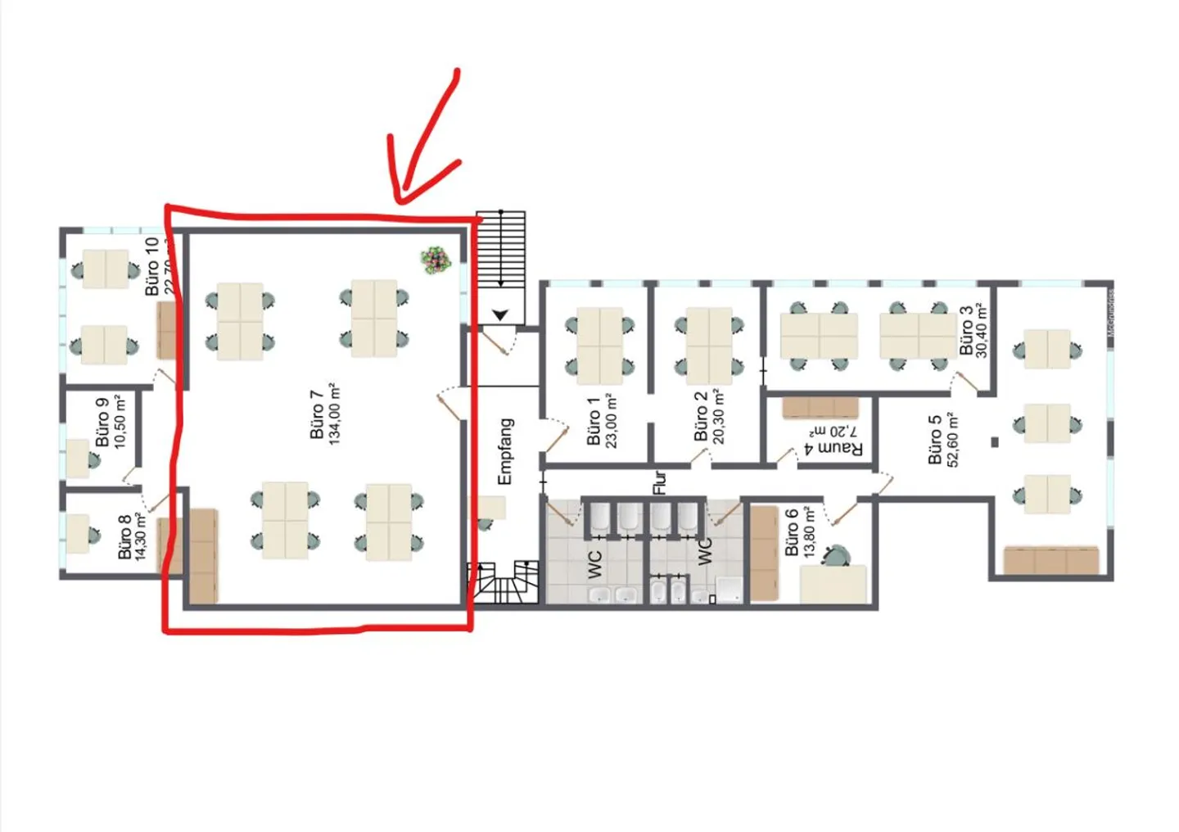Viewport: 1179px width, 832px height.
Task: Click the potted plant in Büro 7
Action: point(436,260)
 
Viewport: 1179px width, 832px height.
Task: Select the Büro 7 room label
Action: point(317,414)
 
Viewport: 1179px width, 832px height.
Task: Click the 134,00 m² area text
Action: point(335,414)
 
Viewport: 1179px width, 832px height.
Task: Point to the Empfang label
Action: point(505,451)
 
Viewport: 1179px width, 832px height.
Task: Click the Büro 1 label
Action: point(594,421)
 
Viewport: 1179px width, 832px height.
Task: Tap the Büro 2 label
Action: point(701,416)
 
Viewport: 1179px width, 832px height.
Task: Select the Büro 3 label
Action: point(966,330)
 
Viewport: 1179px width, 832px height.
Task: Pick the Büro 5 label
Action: point(935,440)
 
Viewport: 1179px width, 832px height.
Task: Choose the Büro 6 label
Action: point(791,532)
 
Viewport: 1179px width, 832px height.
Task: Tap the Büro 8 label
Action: point(124,537)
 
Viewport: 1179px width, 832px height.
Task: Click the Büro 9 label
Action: point(102,422)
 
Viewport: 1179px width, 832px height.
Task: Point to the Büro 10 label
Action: point(152,266)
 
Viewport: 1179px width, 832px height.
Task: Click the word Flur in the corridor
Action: point(660,482)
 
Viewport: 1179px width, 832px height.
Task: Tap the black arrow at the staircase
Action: point(500,314)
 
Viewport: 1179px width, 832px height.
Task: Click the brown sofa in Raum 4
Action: point(820,407)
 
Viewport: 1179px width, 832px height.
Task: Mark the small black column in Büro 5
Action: point(995,442)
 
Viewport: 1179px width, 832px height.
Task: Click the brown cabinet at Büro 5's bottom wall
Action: point(1051,561)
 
